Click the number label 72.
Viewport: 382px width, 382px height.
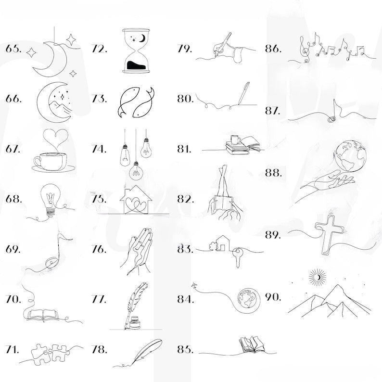pos(99,49)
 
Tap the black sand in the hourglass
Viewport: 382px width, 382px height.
pos(136,65)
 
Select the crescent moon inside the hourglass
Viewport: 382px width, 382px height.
pos(142,38)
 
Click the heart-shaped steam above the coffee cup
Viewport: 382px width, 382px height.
pos(55,138)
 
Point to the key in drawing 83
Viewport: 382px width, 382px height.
pos(237,256)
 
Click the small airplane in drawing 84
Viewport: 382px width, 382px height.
pos(194,285)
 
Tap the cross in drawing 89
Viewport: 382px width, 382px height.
pos(329,234)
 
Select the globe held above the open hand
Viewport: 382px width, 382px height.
pos(351,156)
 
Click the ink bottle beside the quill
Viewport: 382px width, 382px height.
pos(135,322)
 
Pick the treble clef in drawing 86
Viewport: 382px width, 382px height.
pos(305,49)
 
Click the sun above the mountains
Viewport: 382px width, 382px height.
pos(318,277)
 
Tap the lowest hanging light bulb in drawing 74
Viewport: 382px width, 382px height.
pos(136,171)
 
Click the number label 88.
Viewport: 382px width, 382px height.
pos(273,173)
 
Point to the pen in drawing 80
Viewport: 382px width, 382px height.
pos(243,93)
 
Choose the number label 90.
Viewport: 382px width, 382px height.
pos(273,297)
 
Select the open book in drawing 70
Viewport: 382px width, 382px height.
pos(43,315)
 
